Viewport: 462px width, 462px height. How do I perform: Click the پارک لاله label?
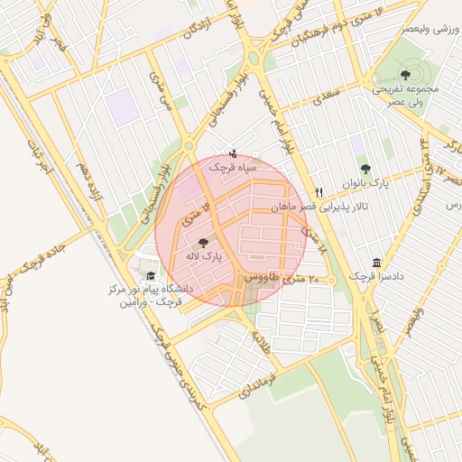pos(204,257)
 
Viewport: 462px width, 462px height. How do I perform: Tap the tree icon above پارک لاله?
pos(203,242)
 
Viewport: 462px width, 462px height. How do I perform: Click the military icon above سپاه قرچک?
pos(234,152)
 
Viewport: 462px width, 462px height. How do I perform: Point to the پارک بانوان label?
pos(365,182)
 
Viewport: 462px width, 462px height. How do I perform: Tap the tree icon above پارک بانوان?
pos(365,169)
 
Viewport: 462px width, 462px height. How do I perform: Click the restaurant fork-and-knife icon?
pos(319,193)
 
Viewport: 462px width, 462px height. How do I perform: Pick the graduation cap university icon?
pos(152,276)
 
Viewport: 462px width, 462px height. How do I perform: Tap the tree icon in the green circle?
pos(403,73)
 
